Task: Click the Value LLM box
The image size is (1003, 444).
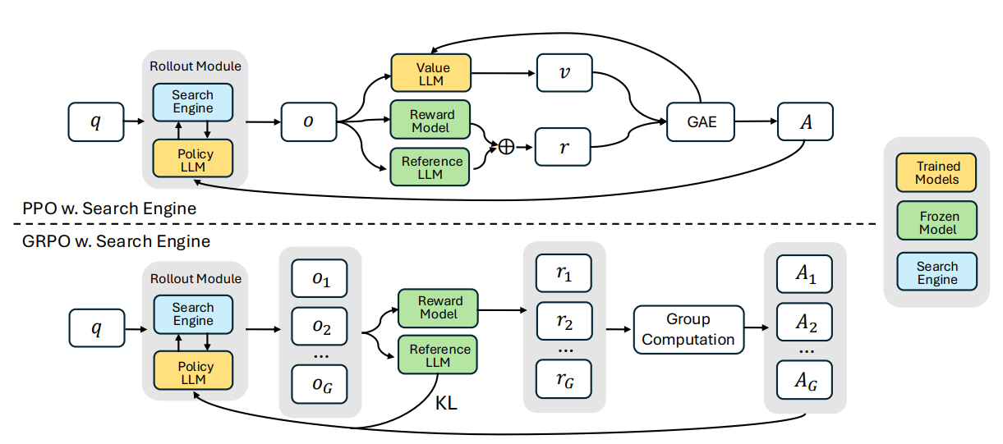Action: point(432,73)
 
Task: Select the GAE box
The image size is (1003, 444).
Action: point(701,122)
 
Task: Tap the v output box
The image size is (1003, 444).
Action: point(564,73)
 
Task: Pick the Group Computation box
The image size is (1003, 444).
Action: point(688,329)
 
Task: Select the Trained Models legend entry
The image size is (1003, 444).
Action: point(937,173)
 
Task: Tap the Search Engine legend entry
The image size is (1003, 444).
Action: point(937,272)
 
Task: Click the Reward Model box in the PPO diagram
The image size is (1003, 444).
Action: point(432,120)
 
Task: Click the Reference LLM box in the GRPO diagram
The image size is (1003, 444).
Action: point(438,355)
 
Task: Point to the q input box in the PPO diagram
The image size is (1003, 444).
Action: point(96,123)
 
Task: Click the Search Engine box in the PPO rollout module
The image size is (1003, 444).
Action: point(193,102)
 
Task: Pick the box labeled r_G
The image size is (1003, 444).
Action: point(564,378)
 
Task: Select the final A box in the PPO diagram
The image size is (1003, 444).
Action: point(805,122)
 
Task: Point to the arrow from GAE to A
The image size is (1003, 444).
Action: point(755,122)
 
